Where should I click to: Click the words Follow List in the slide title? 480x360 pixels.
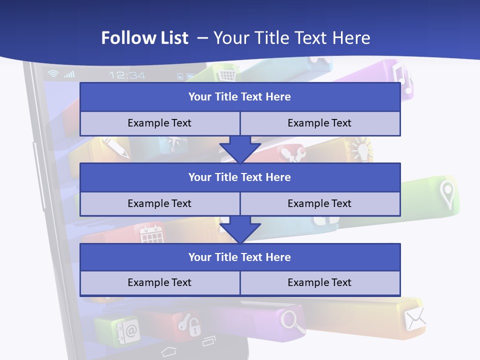click(x=145, y=38)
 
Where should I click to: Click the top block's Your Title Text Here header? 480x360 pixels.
click(x=239, y=97)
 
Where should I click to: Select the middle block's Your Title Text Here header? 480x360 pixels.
click(x=239, y=177)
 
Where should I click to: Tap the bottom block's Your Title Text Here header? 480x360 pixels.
click(x=239, y=257)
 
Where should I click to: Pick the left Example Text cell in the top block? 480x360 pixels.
click(x=159, y=123)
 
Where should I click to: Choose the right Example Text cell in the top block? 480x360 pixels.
click(x=319, y=123)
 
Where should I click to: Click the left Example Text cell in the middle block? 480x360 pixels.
click(x=159, y=203)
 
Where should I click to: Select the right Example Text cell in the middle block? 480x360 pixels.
click(x=319, y=203)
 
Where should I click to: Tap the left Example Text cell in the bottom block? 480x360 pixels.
click(x=159, y=282)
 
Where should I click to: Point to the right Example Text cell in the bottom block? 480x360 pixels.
click(x=319, y=282)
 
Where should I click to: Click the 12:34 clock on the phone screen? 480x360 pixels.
click(x=127, y=75)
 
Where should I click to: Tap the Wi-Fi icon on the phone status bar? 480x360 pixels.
click(x=53, y=74)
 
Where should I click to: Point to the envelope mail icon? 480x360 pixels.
click(x=415, y=318)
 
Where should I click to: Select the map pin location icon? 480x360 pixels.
click(x=446, y=194)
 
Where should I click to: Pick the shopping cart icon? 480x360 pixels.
click(x=226, y=75)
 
